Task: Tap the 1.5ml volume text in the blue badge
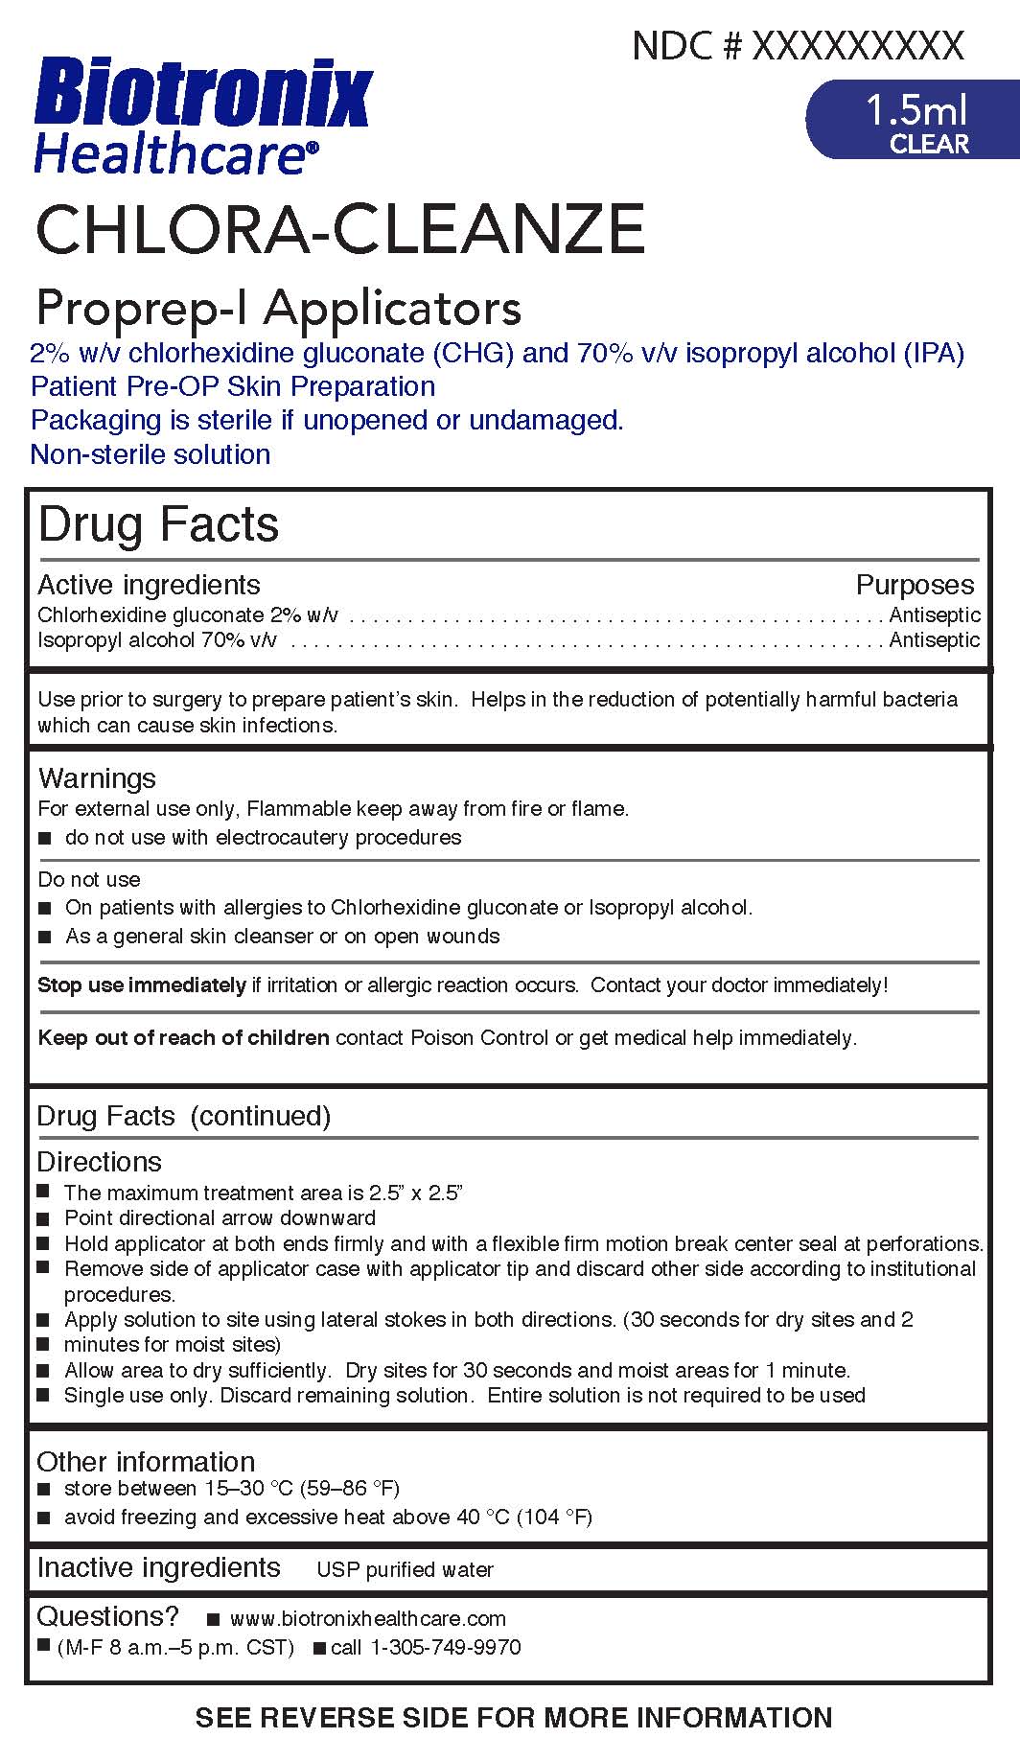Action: [916, 111]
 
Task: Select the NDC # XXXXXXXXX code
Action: [798, 46]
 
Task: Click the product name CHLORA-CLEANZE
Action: [340, 229]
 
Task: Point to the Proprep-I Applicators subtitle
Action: [278, 309]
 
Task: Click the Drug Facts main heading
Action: [159, 524]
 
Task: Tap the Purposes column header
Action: [915, 585]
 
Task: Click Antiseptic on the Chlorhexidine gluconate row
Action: [935, 614]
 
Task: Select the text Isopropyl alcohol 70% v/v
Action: [157, 639]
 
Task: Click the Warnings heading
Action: [97, 778]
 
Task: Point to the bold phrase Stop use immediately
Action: [142, 985]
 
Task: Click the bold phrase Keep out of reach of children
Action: [183, 1037]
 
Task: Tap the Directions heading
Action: [99, 1162]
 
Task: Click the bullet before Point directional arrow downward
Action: [43, 1218]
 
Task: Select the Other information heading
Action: [146, 1461]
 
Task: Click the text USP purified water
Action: [405, 1569]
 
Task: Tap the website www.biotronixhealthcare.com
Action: [368, 1618]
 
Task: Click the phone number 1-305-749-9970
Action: [445, 1647]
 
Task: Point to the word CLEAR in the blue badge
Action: [929, 144]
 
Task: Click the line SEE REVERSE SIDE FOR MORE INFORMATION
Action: [514, 1717]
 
